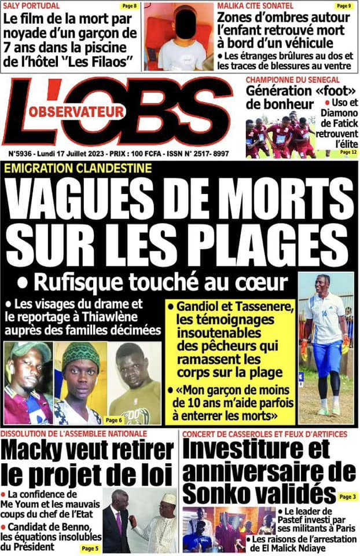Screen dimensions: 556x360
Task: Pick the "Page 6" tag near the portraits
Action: [113, 419]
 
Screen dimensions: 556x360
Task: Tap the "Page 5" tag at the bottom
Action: [90, 547]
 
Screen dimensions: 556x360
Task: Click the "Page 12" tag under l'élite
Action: [346, 151]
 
